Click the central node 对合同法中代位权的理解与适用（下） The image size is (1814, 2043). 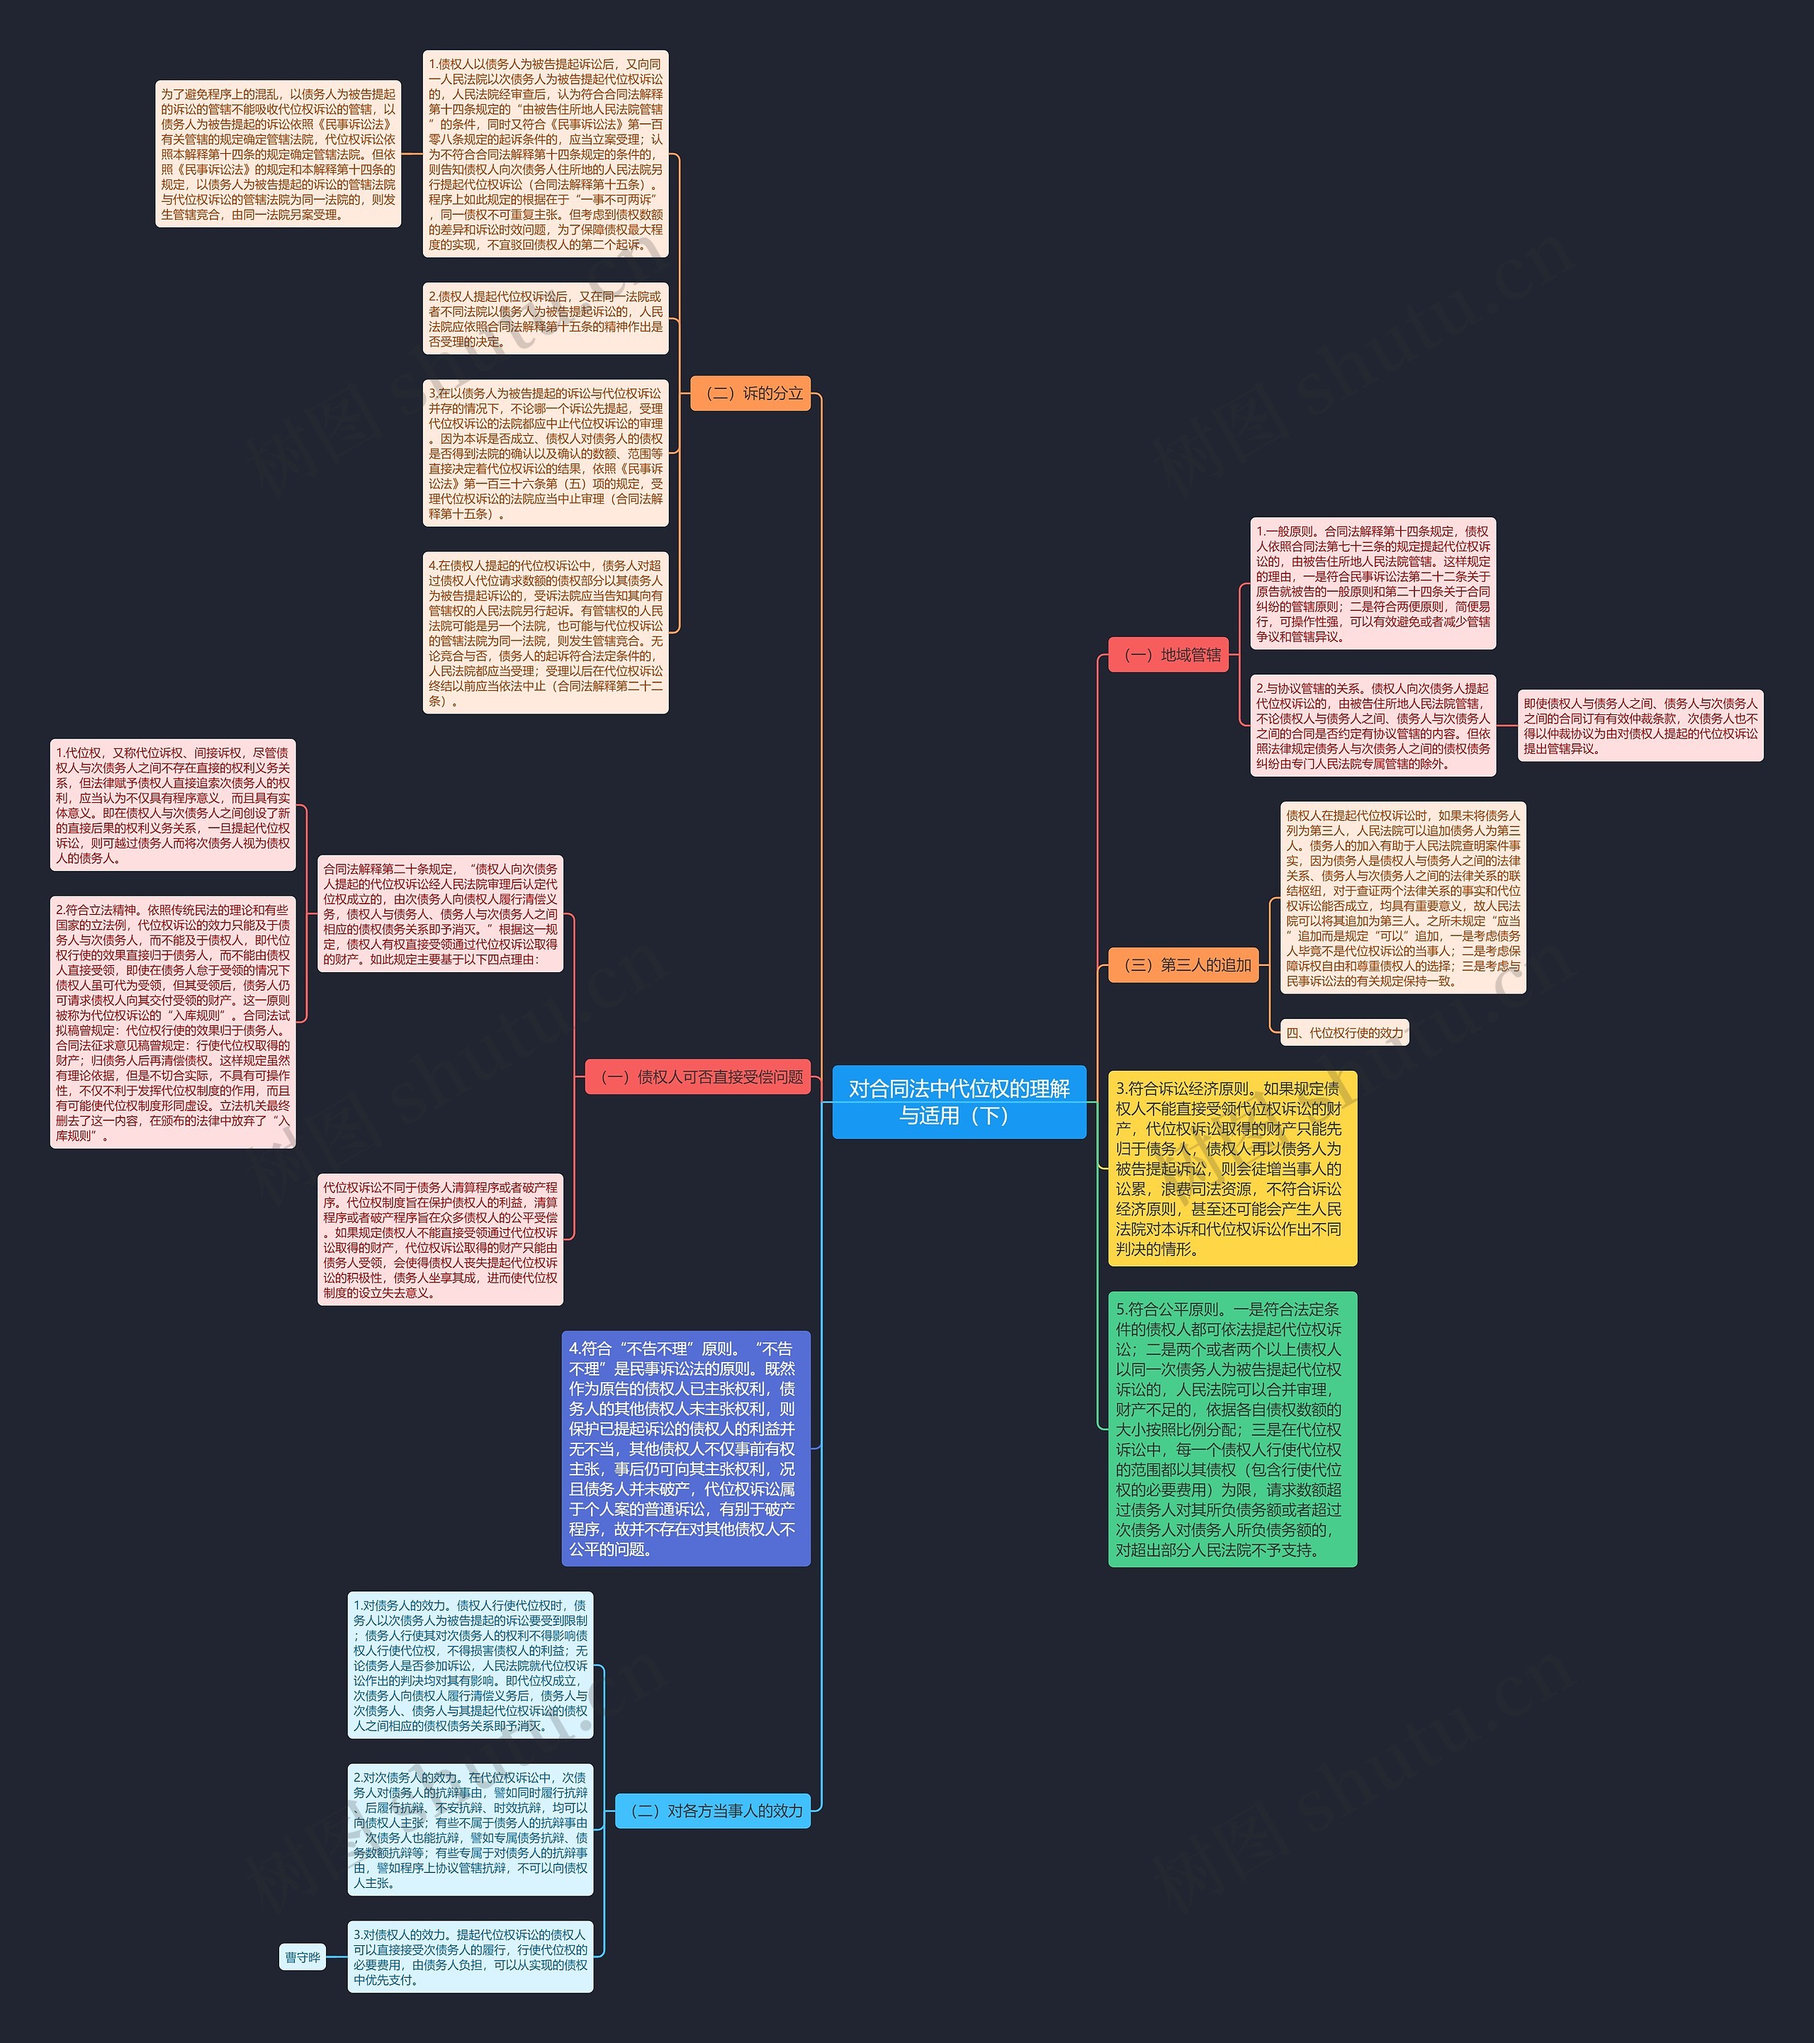coord(959,1101)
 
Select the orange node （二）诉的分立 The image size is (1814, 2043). coord(750,393)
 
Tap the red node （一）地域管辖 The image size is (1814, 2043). coord(1168,655)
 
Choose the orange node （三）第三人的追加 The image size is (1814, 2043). coord(1183,964)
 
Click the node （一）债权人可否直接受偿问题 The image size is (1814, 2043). coord(698,1076)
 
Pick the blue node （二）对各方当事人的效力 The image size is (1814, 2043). coord(714,1810)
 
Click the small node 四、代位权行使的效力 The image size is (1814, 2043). coord(1344,1033)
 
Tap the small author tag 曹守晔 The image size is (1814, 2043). coord(303,1957)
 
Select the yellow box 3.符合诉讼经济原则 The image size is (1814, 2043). coord(1232,1167)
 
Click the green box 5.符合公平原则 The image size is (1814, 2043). coord(1232,1429)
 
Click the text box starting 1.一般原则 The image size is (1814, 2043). coord(1373,584)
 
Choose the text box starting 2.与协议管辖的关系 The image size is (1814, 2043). coord(1373,726)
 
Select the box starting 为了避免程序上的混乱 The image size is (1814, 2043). coord(278,154)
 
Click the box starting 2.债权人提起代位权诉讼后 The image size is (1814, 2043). coord(545,319)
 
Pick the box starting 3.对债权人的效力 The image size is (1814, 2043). coord(470,1957)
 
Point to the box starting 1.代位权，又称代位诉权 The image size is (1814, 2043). coord(173,804)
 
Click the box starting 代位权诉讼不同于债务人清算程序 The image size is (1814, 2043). coord(440,1239)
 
